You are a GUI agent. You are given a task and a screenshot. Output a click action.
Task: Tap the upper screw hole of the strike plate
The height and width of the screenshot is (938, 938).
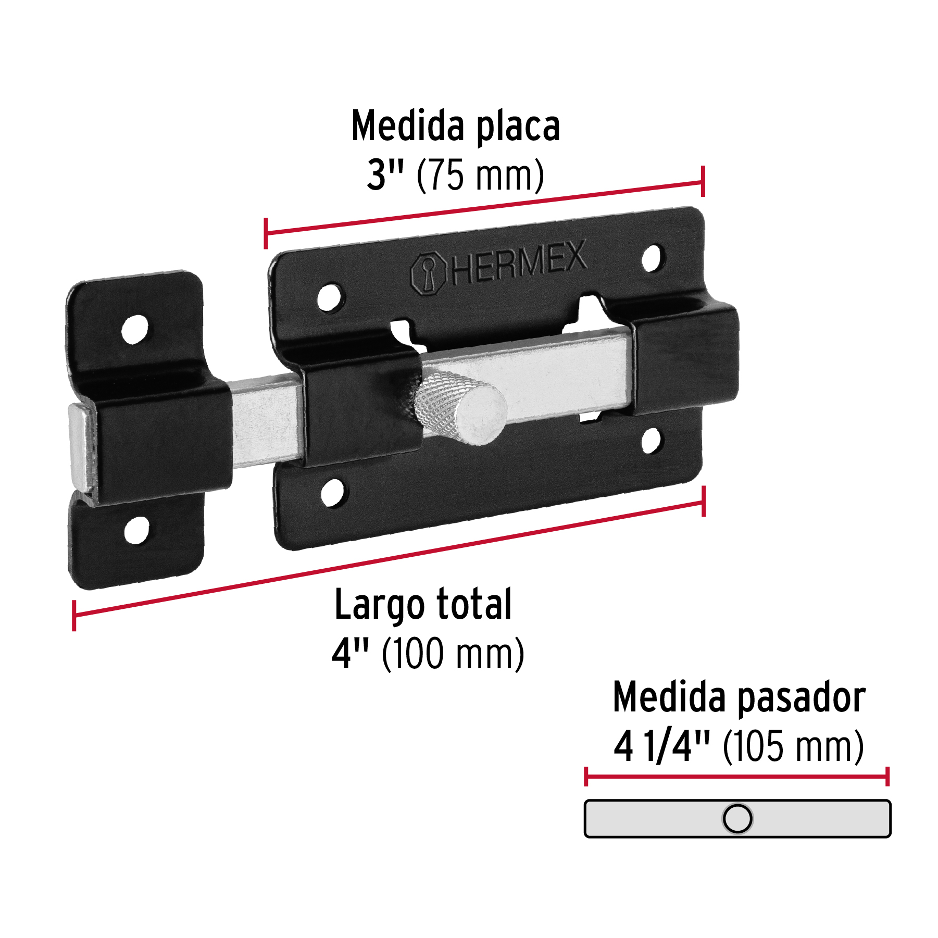point(134,329)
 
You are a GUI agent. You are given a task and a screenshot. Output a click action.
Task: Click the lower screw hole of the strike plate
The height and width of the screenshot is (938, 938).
point(136,530)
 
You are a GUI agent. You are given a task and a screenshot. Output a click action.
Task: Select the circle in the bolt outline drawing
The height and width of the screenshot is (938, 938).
point(737,818)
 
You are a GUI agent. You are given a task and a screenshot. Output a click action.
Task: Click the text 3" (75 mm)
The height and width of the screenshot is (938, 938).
point(455,176)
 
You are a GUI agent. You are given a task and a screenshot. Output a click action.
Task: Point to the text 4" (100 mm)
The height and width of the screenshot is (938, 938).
point(428,654)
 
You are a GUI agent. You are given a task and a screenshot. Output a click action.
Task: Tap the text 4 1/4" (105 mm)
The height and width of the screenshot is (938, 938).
point(738,746)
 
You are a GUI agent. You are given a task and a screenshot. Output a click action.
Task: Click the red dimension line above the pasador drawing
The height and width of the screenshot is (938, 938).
point(737,777)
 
